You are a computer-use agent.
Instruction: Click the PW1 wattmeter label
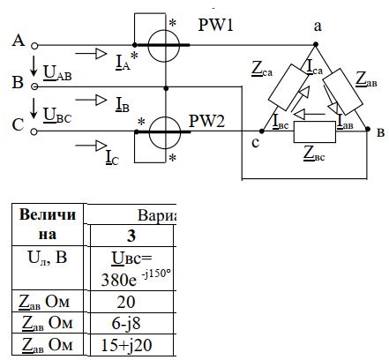click(x=215, y=25)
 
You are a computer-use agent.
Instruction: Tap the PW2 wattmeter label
click(x=206, y=121)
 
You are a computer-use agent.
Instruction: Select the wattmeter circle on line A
click(x=164, y=46)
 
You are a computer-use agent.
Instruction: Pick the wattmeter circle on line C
click(x=165, y=132)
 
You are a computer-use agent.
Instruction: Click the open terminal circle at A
click(x=34, y=46)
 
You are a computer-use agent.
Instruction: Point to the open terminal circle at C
click(x=34, y=131)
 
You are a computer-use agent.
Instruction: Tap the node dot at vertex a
click(x=316, y=44)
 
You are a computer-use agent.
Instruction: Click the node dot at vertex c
click(x=262, y=131)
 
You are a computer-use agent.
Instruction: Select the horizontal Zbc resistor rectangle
click(x=315, y=132)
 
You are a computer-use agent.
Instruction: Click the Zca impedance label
click(x=262, y=69)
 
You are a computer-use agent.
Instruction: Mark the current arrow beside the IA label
click(x=91, y=54)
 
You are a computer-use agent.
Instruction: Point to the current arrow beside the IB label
click(x=91, y=100)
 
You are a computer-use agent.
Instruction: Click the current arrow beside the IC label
click(x=91, y=146)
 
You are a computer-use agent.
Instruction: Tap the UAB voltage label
click(x=57, y=73)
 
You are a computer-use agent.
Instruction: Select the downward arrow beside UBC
click(x=34, y=109)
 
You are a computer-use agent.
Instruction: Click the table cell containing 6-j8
click(x=131, y=323)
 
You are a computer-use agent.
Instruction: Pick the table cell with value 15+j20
click(x=131, y=345)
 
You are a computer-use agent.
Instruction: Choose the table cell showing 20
click(x=131, y=302)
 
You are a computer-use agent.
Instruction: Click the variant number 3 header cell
click(x=131, y=236)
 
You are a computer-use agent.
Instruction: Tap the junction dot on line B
click(x=166, y=88)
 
